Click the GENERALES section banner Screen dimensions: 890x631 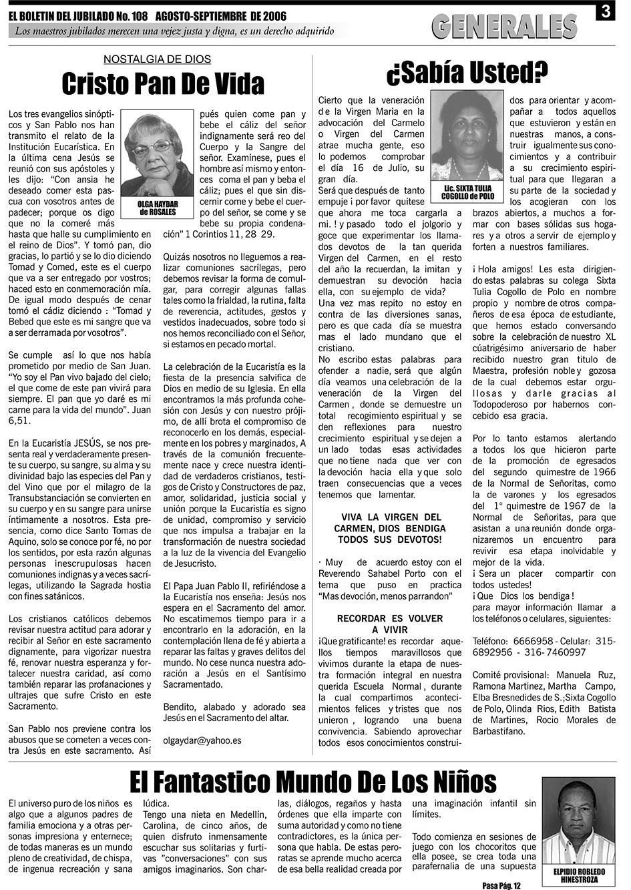click(x=504, y=26)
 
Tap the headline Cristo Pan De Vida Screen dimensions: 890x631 click(x=163, y=85)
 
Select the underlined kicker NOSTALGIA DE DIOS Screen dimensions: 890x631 click(x=158, y=59)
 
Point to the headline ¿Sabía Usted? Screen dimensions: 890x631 click(x=467, y=71)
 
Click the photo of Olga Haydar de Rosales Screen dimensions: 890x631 click(x=158, y=154)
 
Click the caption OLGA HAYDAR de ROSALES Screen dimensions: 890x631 click(x=158, y=208)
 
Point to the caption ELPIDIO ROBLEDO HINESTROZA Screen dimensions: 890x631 click(x=579, y=875)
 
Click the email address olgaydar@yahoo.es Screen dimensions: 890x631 click(x=202, y=740)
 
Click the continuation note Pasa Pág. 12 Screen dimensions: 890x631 click(x=500, y=885)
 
